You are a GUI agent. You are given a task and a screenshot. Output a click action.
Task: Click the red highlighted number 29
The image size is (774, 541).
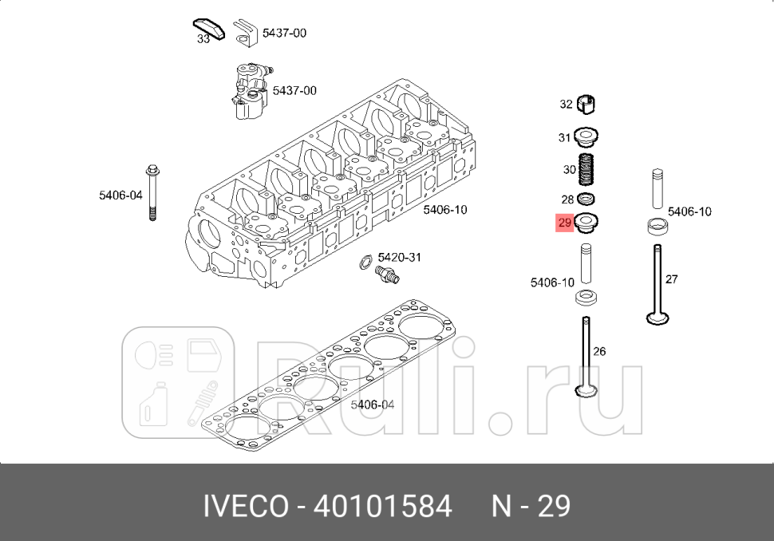[x=565, y=223]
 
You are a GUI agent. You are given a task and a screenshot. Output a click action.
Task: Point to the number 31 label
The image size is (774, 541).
[x=565, y=137]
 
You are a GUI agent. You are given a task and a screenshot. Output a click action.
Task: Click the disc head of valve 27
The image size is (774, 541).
[x=658, y=319]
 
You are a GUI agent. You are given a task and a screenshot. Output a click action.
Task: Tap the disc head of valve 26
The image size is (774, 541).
[x=586, y=390]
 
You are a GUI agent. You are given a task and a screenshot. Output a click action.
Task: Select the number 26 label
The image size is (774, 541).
[x=600, y=351]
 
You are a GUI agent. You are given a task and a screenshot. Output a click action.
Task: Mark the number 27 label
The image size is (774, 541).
[x=671, y=279]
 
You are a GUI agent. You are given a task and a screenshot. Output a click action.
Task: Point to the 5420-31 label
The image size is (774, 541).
[x=399, y=257]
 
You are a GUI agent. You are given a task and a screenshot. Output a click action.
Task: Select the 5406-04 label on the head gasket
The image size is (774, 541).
[x=373, y=405]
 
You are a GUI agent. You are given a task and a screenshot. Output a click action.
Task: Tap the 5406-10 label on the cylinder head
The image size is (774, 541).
[x=445, y=210]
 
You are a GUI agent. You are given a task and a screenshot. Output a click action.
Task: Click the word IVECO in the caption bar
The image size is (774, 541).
[x=246, y=506]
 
